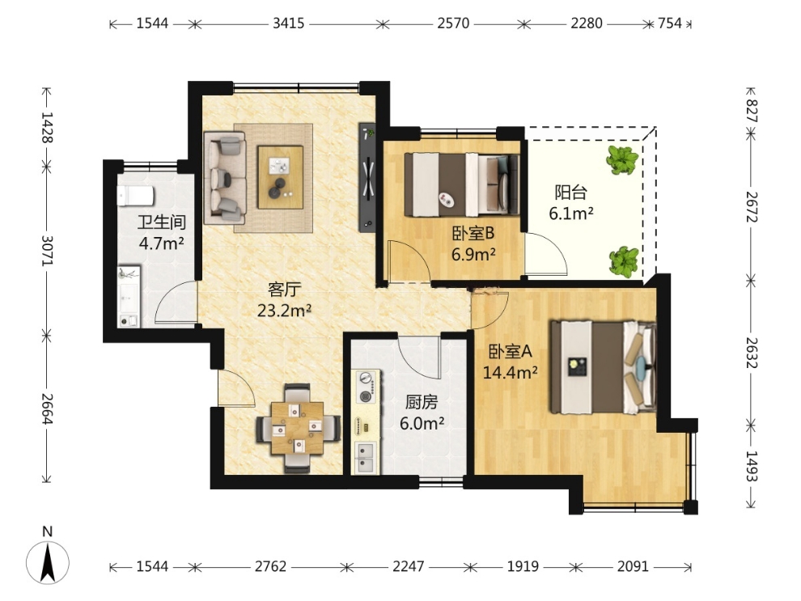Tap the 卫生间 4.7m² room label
pos(162,233)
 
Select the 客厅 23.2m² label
pos(285,300)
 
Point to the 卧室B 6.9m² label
pos(473,243)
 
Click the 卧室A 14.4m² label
pos(510,362)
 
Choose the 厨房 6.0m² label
pos(422,413)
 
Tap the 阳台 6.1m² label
pos(570,202)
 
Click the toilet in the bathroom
pos(135,196)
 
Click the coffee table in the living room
pos(280,177)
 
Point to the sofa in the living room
pos(225,178)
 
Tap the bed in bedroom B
pos(462,184)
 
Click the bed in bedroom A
pos(603,366)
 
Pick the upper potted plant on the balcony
pos(623,160)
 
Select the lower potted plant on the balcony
pos(624,261)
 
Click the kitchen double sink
pos(367,458)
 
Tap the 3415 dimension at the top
pos(288,23)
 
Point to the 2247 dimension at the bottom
pos(408,566)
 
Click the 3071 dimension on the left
pos(47,250)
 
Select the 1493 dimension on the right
pos(750,466)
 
